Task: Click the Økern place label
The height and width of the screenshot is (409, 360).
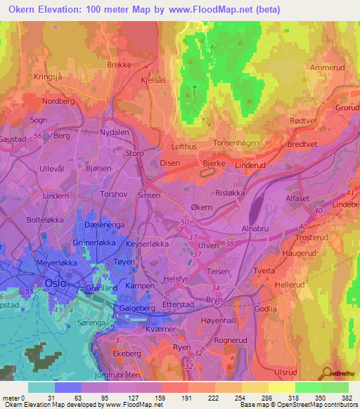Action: coord(202,208)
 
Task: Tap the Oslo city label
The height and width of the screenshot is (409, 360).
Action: coord(55,283)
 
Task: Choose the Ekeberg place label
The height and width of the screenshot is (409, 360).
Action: coord(127,353)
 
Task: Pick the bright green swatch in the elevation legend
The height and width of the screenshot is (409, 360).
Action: coord(309,387)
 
